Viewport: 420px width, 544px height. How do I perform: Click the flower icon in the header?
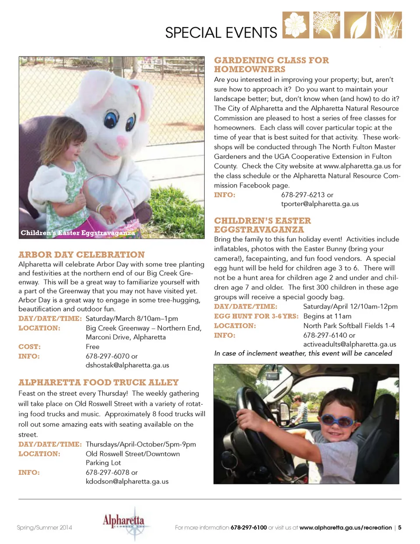[x=296, y=25]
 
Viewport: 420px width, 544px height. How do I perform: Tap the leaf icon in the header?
[x=357, y=25]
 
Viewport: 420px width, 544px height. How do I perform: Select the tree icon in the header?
[x=326, y=25]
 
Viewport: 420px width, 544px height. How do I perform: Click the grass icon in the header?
[x=388, y=25]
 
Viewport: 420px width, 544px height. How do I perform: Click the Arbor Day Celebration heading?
[x=81, y=255]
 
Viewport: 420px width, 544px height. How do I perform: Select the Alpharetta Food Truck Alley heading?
[x=98, y=382]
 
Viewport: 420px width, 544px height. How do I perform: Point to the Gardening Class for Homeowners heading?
[x=271, y=65]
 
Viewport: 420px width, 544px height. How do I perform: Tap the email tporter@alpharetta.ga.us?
[x=320, y=204]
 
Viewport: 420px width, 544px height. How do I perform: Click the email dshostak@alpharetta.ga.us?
[x=127, y=365]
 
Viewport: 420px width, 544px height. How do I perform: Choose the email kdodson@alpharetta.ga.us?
[x=127, y=481]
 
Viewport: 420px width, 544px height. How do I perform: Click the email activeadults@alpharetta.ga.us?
[x=350, y=344]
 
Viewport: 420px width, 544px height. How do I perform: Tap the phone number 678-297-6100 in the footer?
[x=248, y=527]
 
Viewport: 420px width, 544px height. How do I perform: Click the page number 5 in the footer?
[x=399, y=527]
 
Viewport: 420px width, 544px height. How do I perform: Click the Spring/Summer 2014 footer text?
[x=44, y=527]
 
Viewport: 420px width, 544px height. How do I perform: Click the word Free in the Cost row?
[x=93, y=346]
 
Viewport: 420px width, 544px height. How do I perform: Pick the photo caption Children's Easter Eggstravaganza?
[x=77, y=233]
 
